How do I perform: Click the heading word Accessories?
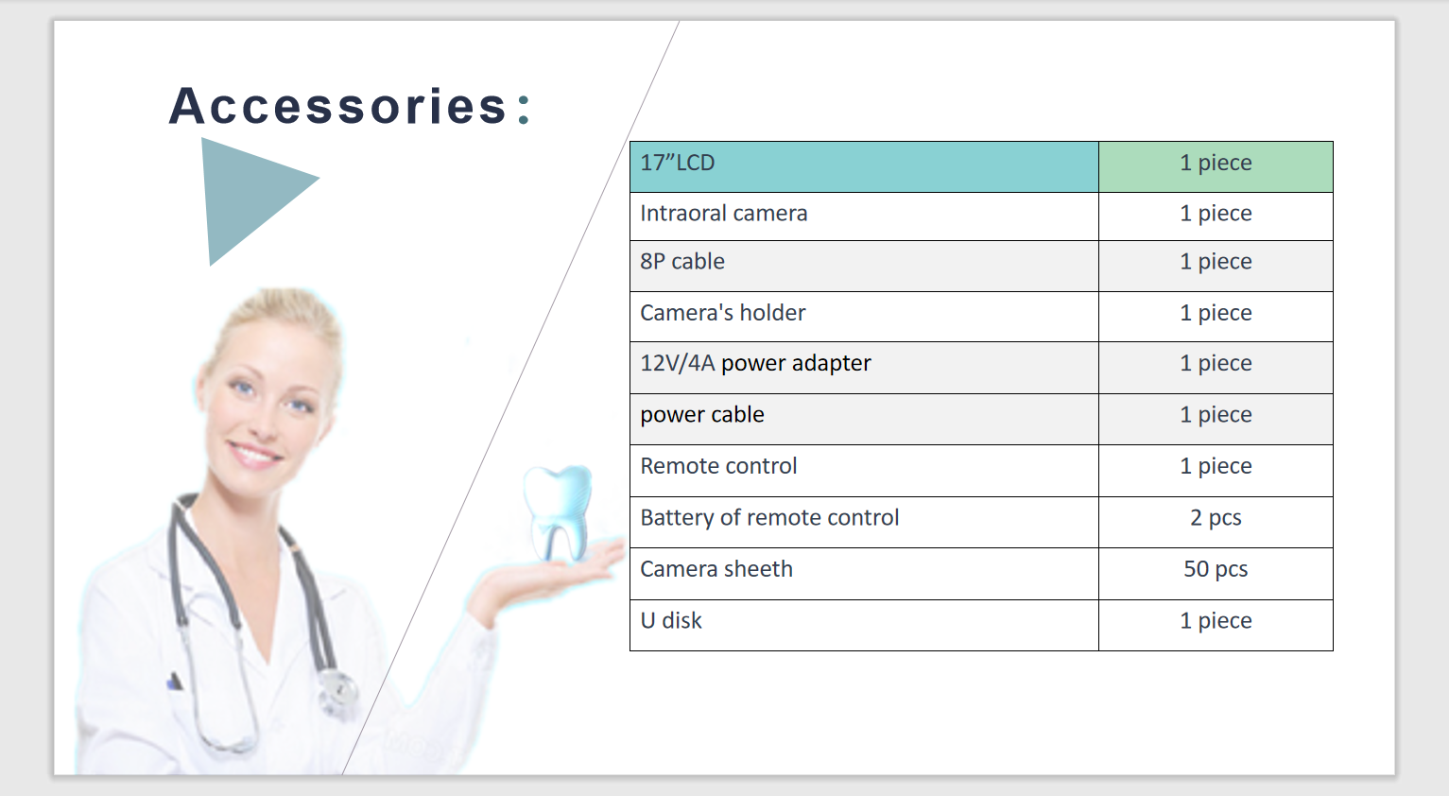click(x=337, y=106)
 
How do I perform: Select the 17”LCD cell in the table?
click(x=864, y=167)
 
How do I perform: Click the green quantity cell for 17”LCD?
click(x=1216, y=167)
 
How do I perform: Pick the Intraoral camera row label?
click(x=724, y=214)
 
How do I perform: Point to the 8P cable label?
click(x=682, y=262)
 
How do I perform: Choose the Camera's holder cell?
click(x=864, y=317)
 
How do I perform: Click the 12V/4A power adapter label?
click(x=755, y=363)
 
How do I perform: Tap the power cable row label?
click(x=702, y=415)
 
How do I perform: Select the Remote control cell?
click(x=864, y=471)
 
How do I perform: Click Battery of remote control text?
click(x=769, y=518)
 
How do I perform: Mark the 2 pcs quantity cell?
click(x=1216, y=522)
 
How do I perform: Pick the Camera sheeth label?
click(x=716, y=569)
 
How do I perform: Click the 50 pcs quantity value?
click(x=1216, y=569)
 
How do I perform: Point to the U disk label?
click(x=671, y=620)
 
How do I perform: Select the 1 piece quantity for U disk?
click(x=1216, y=620)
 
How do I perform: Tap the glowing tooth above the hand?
click(x=558, y=512)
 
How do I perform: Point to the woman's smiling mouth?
click(x=253, y=454)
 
